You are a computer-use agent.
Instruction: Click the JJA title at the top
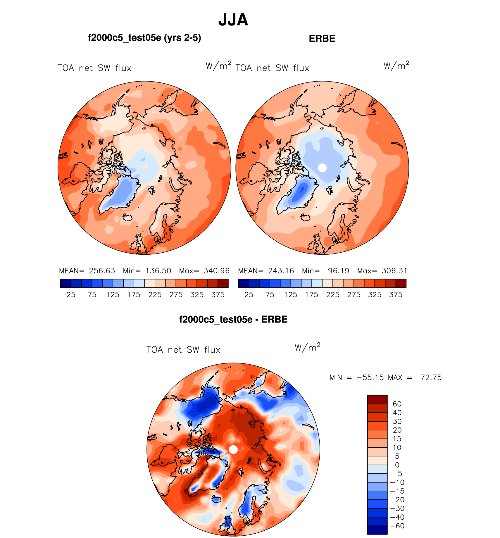233,20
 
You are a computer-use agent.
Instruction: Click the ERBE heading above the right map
322,39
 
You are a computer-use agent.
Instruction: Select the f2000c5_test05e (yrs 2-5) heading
144,38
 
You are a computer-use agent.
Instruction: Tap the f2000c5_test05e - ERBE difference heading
233,319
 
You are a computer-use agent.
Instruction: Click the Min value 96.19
338,271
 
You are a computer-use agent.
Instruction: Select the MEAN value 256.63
102,271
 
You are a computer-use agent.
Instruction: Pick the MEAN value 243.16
281,271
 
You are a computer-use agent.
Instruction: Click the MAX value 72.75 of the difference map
431,377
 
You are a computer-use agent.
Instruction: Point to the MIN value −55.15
370,377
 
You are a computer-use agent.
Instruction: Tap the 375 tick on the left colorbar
218,295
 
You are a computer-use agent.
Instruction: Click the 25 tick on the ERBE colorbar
249,295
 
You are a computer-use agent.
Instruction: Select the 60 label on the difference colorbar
397,404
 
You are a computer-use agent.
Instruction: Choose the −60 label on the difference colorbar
397,526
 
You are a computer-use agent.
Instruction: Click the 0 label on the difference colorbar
397,465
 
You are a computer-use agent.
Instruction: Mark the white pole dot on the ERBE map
322,168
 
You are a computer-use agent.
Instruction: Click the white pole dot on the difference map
233,449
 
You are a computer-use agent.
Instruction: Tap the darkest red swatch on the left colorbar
223,283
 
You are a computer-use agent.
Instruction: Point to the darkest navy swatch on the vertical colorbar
377,530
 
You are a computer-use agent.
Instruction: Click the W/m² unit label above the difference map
307,347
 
